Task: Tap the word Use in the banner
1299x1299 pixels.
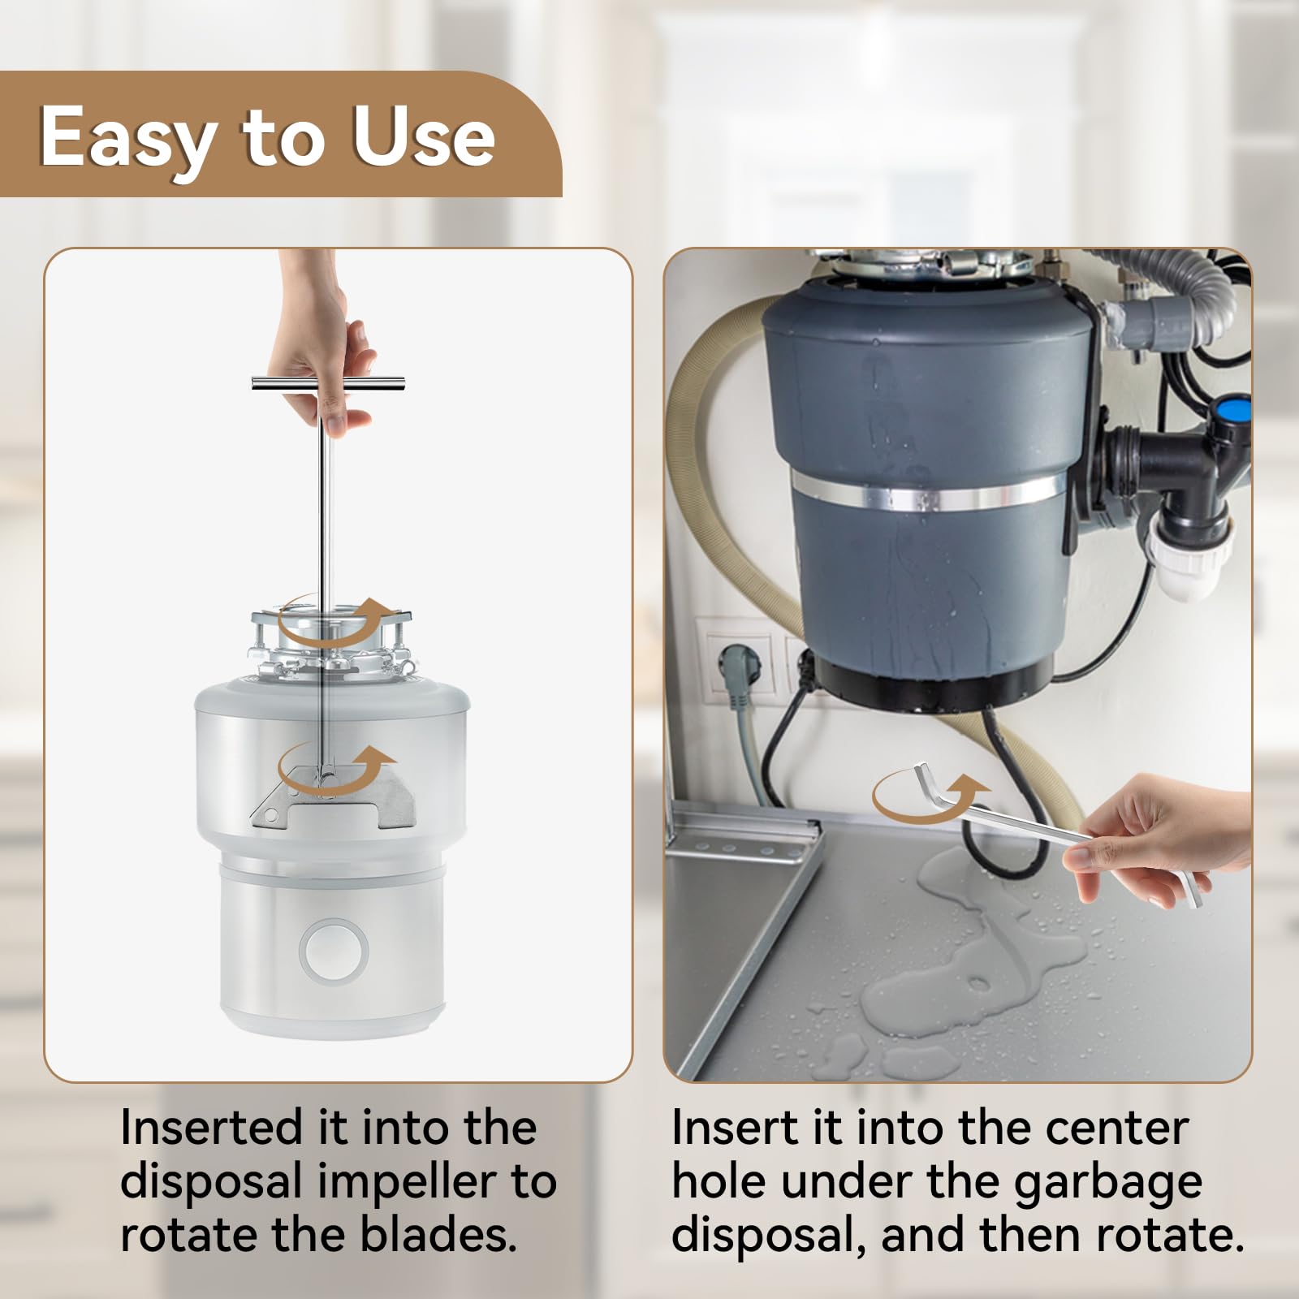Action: pos(423,136)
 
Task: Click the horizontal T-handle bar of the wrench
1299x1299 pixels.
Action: pos(328,384)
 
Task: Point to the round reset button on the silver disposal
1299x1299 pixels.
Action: pos(334,951)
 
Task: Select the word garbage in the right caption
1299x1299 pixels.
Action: pos(1108,1184)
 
